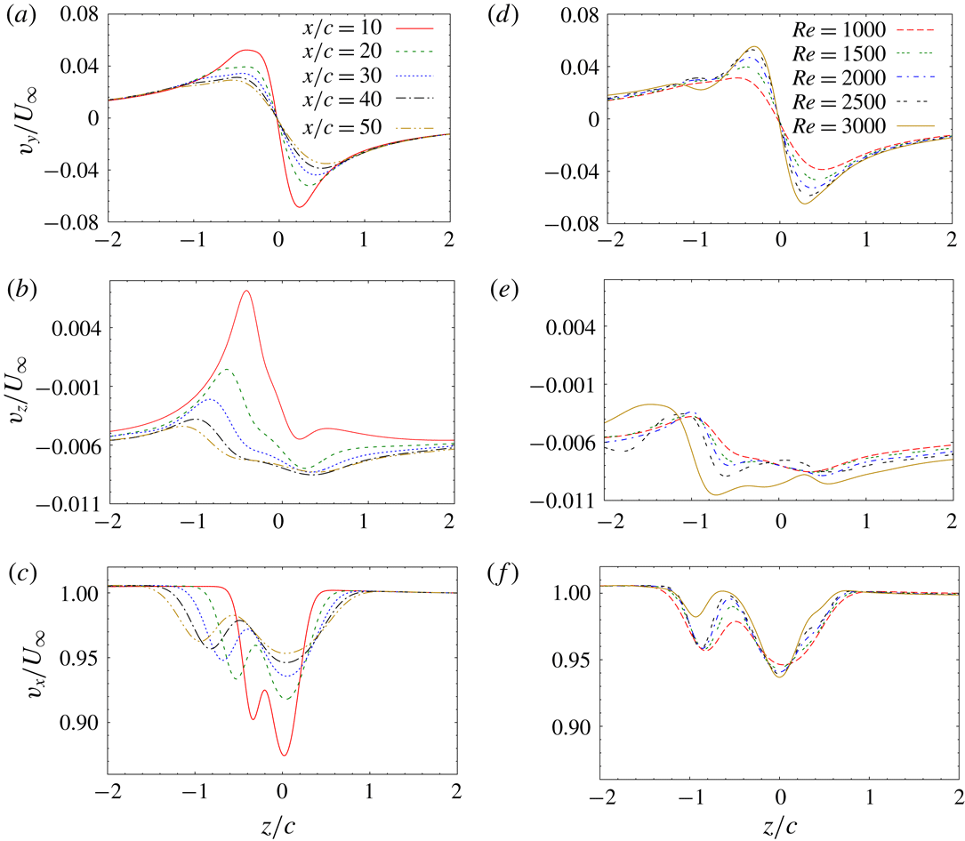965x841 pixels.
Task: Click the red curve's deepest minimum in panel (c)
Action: pyautogui.click(x=284, y=755)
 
